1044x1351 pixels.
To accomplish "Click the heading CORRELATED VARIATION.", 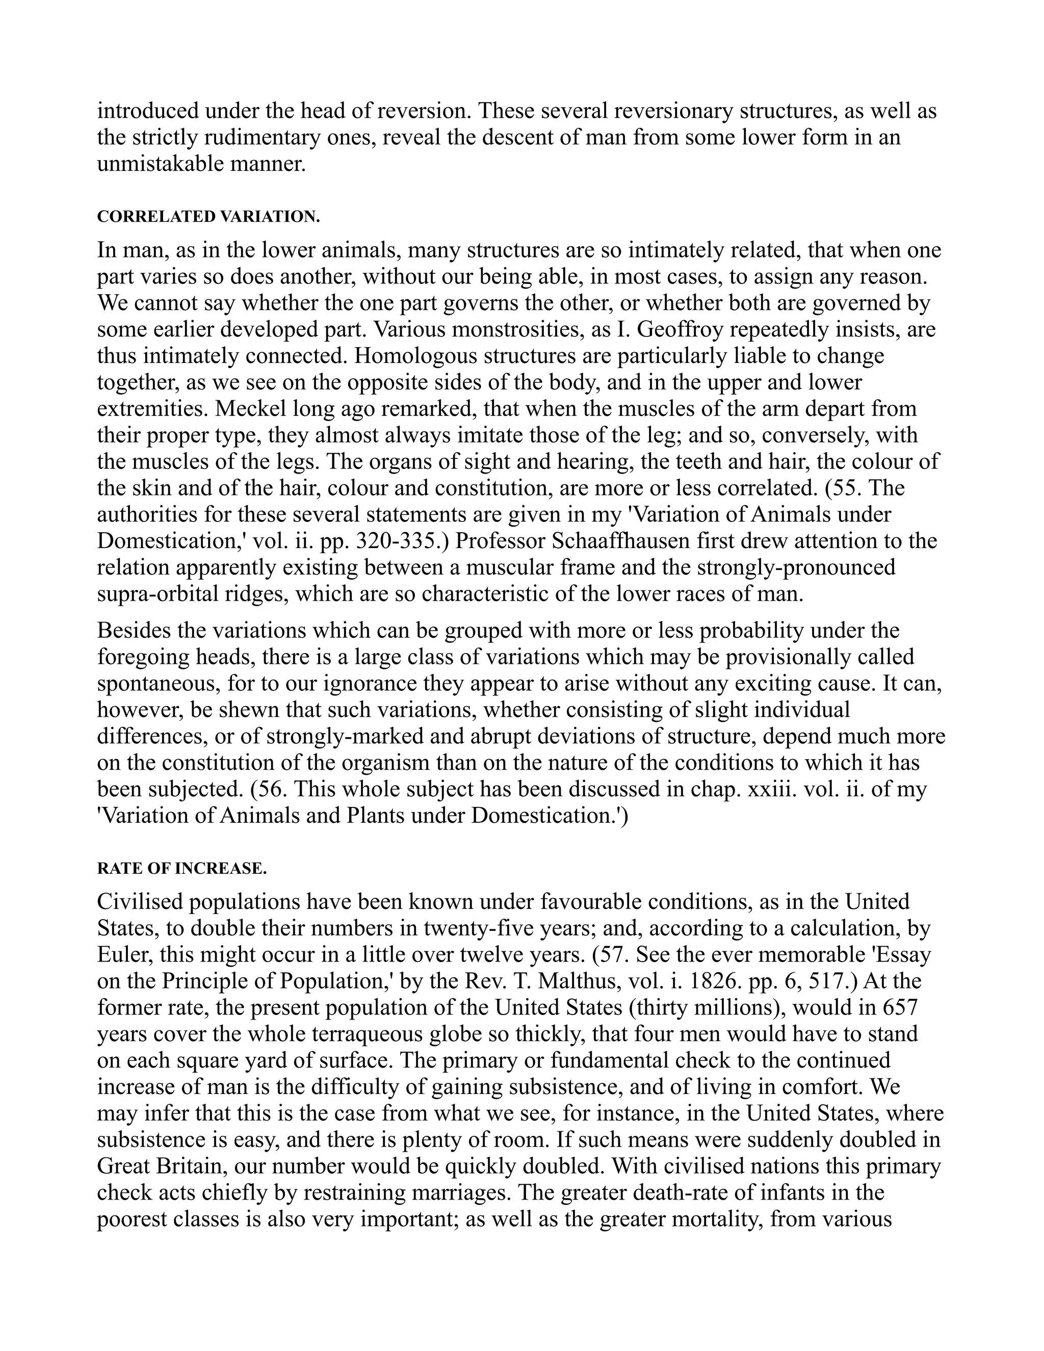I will click(208, 217).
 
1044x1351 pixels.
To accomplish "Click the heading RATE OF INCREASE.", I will click(182, 869).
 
